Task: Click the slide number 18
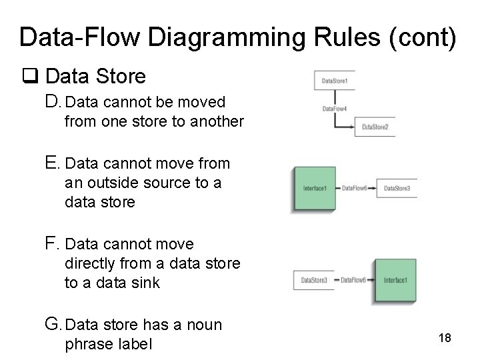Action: pyautogui.click(x=445, y=338)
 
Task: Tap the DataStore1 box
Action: pyautogui.click(x=335, y=81)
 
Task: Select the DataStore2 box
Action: pyautogui.click(x=375, y=127)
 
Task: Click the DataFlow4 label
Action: pyautogui.click(x=335, y=108)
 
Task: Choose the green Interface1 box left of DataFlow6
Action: pyautogui.click(x=315, y=189)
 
